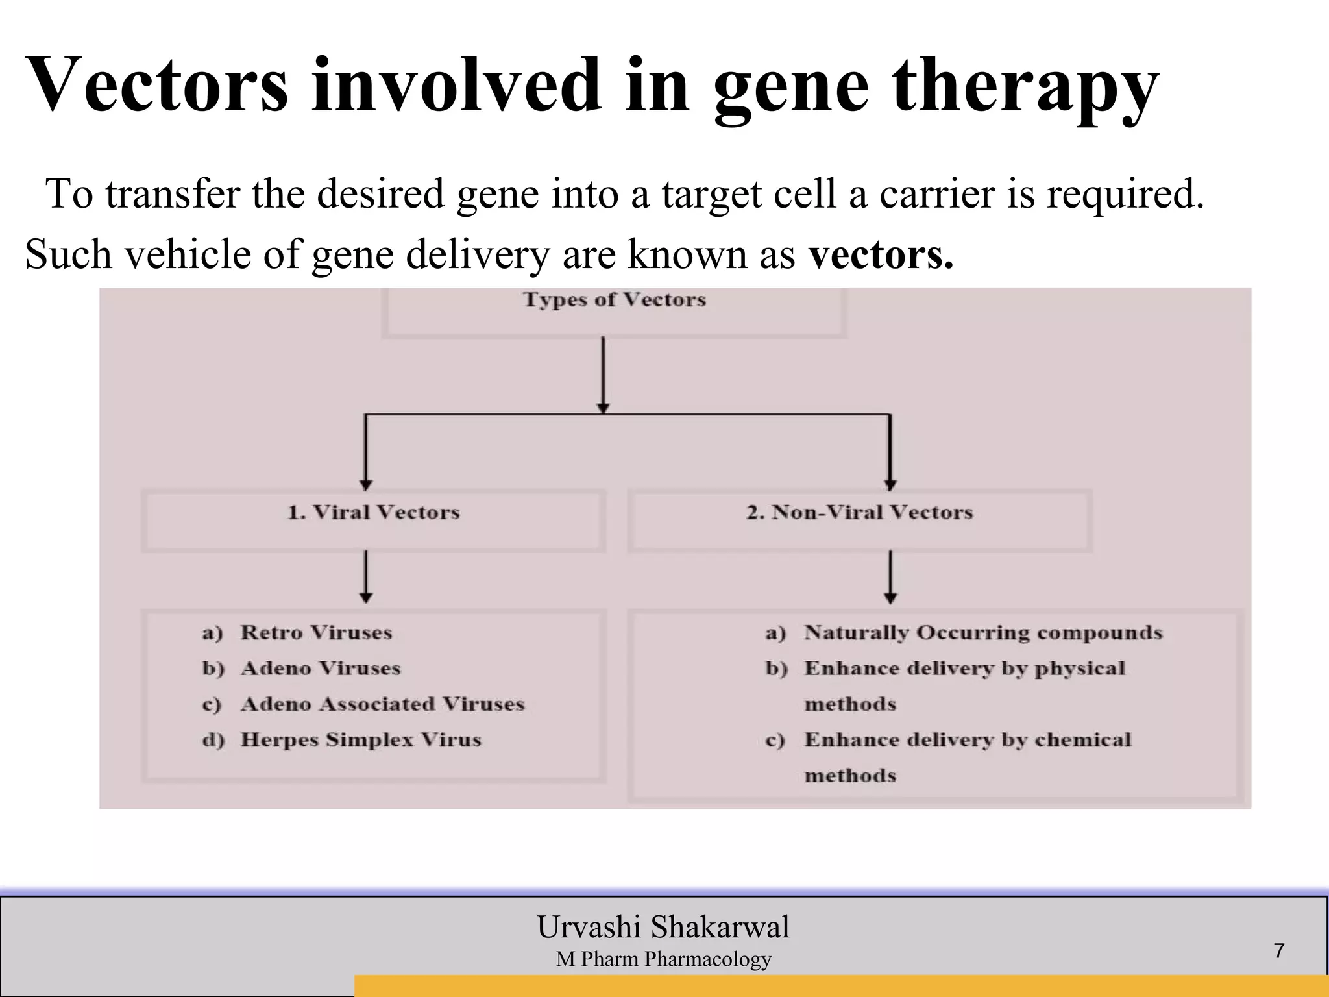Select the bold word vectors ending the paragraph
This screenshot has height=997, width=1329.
click(880, 254)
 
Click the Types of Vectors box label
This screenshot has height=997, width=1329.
click(614, 300)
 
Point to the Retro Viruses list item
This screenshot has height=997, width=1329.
click(316, 633)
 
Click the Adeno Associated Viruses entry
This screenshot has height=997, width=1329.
click(382, 704)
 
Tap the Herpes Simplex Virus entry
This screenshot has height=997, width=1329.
click(361, 740)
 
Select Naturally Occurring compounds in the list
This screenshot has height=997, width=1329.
click(982, 633)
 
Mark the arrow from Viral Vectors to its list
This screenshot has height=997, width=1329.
click(366, 576)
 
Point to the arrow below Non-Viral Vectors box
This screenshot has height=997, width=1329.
click(890, 576)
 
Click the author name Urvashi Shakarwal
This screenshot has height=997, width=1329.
click(663, 927)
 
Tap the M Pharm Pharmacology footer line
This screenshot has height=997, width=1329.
click(663, 959)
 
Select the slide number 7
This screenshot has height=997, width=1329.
click(1279, 951)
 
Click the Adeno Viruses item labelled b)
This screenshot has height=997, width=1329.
click(321, 669)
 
